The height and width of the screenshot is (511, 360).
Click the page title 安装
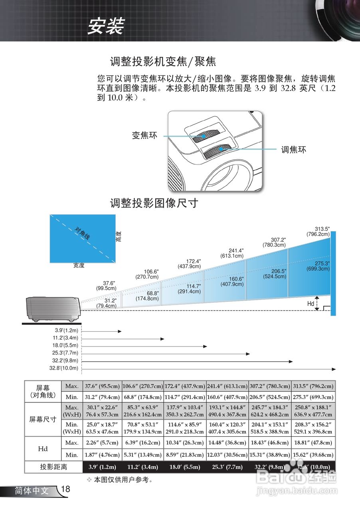pyautogui.click(x=106, y=27)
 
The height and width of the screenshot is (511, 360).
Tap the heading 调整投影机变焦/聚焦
pyautogui.click(x=163, y=61)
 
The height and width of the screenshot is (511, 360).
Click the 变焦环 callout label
pyautogui.click(x=144, y=136)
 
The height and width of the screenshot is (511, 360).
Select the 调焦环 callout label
pyautogui.click(x=293, y=150)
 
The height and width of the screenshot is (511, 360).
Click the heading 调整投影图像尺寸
pyautogui.click(x=154, y=203)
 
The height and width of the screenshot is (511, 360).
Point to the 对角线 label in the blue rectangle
pyautogui.click(x=82, y=234)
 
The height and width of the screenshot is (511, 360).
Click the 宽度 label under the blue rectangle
pyautogui.click(x=79, y=265)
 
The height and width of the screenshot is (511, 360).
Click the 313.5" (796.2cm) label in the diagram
pyautogui.click(x=318, y=232)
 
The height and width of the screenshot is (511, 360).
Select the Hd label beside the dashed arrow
pyautogui.click(x=311, y=304)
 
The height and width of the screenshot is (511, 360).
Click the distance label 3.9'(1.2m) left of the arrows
pyautogui.click(x=66, y=331)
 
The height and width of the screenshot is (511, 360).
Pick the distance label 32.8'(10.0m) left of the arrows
pyautogui.click(x=64, y=368)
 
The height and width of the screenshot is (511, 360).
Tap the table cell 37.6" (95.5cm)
pyautogui.click(x=102, y=386)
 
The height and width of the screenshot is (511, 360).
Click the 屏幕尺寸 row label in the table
pyautogui.click(x=43, y=420)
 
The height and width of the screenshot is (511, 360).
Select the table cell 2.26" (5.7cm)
pyautogui.click(x=102, y=443)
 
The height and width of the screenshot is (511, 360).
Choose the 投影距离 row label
pyautogui.click(x=53, y=467)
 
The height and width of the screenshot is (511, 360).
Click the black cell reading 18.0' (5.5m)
pyautogui.click(x=185, y=467)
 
